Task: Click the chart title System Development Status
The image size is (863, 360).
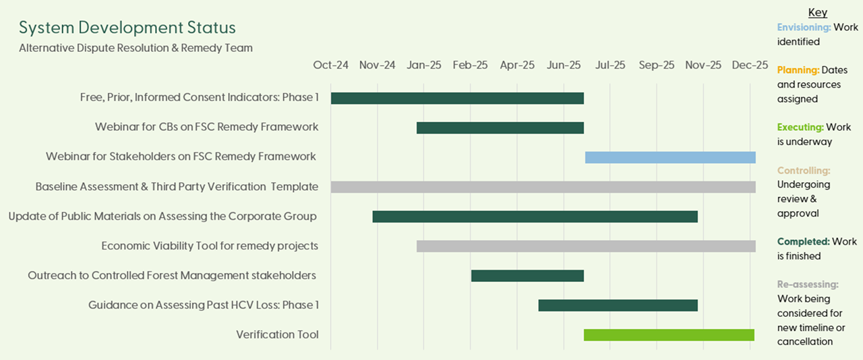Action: (127, 28)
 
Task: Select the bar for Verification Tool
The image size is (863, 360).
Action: (669, 335)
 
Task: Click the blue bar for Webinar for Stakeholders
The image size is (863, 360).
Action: (670, 157)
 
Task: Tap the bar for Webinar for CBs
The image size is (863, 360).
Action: (500, 127)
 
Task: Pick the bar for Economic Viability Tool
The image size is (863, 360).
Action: (586, 246)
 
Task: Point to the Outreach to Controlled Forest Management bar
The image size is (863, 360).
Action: (527, 275)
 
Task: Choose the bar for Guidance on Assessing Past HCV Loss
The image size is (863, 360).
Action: (618, 305)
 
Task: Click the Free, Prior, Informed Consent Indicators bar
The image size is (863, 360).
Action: (457, 98)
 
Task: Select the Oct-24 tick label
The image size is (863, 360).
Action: (331, 65)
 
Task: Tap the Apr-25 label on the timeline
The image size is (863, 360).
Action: (517, 65)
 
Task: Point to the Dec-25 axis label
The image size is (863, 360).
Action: (750, 65)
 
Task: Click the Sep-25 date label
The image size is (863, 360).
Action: (657, 65)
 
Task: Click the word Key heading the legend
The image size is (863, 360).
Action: (817, 13)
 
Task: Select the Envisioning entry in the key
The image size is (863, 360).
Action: (804, 28)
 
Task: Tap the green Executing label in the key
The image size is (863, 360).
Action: (800, 127)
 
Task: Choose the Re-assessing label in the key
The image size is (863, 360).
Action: (808, 284)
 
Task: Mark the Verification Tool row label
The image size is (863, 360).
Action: (277, 335)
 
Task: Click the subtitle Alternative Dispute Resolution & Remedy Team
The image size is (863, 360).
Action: (136, 49)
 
